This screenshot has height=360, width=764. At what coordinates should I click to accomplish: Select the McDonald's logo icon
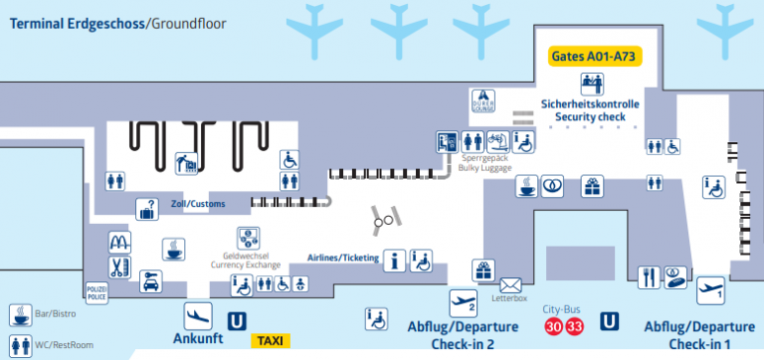(120, 242)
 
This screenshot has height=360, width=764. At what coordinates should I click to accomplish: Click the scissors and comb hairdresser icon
(120, 267)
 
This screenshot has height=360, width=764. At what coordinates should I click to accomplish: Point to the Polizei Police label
(96, 291)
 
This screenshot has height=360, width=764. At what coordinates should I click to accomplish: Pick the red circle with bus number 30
(552, 325)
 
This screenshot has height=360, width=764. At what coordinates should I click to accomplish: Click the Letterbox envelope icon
(511, 286)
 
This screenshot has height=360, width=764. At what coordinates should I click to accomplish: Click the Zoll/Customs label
(198, 204)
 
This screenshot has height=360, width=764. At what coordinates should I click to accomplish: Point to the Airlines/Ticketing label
(342, 257)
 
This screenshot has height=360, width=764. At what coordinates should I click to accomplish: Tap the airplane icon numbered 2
(463, 299)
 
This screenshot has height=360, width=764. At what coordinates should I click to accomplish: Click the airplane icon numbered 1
(708, 289)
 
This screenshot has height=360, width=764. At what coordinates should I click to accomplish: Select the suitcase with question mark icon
(147, 209)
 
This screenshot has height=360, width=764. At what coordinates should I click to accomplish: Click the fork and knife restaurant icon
(649, 276)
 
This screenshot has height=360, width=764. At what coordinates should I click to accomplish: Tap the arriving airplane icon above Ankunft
(198, 314)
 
